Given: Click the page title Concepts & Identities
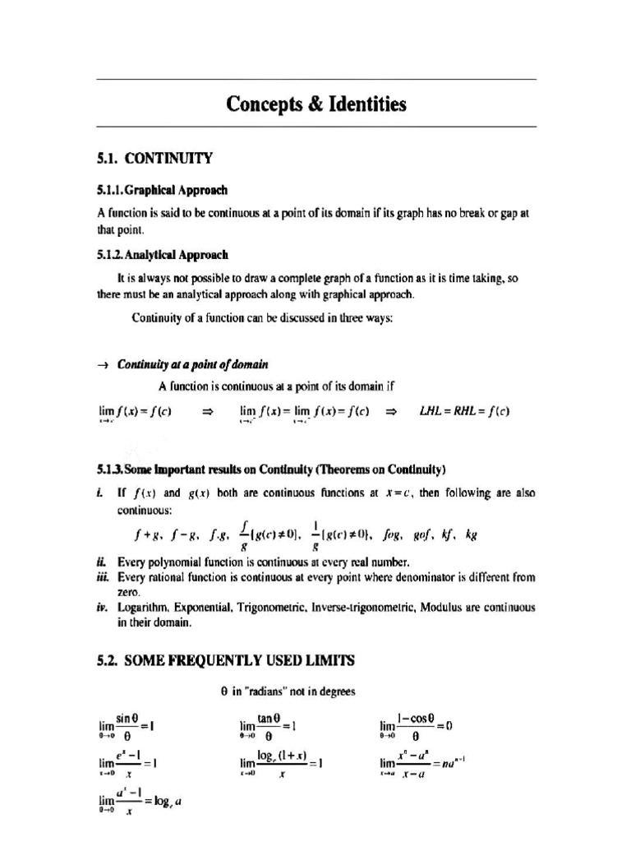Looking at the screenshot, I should coord(316,104).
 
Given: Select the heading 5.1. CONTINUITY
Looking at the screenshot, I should coord(154,158).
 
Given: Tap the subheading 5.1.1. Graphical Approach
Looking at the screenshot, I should coord(161,190).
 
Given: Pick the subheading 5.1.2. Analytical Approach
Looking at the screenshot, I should coord(163,255).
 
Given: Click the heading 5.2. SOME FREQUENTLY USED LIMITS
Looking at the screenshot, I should coord(226,660).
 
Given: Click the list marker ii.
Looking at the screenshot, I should coord(100,562).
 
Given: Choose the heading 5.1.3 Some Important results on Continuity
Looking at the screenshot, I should coord(271,470).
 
